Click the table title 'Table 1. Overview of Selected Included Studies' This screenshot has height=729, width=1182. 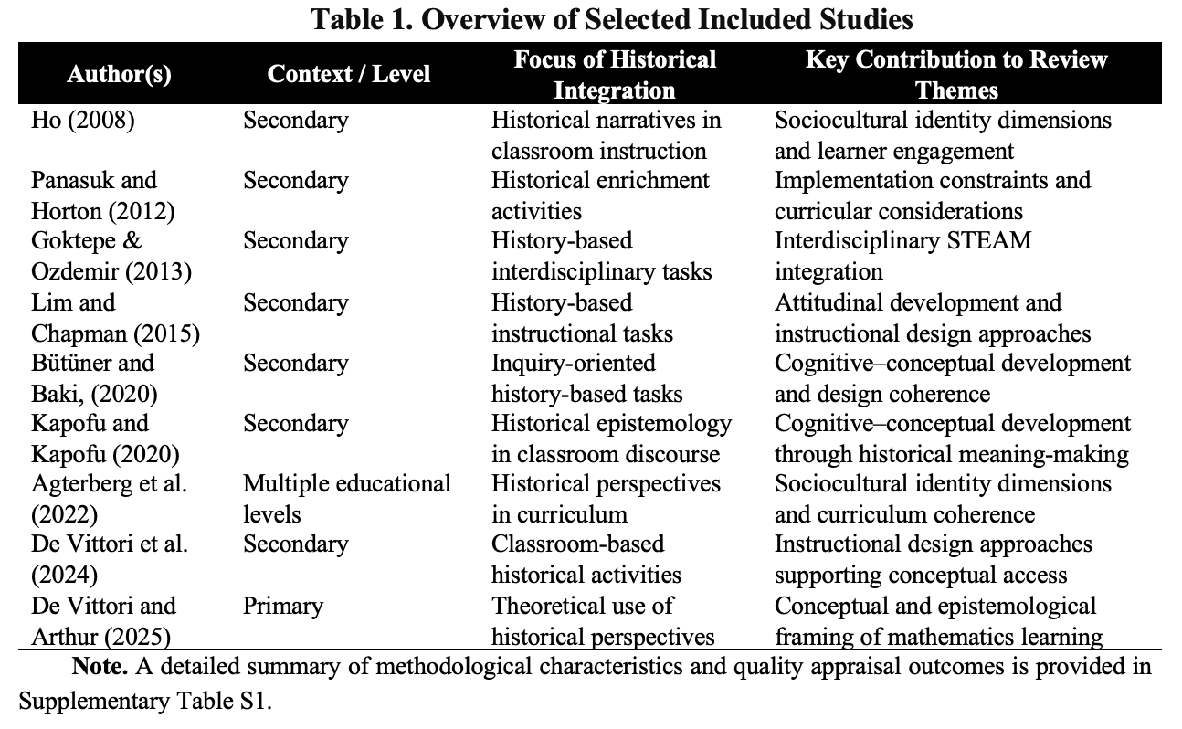pyautogui.click(x=612, y=19)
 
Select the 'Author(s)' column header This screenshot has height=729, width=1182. pyautogui.click(x=119, y=74)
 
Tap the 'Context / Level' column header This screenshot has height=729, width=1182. pyautogui.click(x=349, y=74)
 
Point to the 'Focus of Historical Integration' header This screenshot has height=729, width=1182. pyautogui.click(x=614, y=75)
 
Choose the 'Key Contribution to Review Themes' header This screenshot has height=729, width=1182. pyautogui.click(x=955, y=75)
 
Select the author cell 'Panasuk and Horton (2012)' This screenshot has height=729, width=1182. pyautogui.click(x=101, y=195)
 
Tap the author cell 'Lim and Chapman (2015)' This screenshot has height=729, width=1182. pyautogui.click(x=114, y=317)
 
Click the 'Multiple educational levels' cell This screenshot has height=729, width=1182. pyautogui.click(x=347, y=499)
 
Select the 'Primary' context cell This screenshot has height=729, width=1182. pyautogui.click(x=283, y=606)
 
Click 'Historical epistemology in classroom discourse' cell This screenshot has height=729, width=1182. pyautogui.click(x=611, y=438)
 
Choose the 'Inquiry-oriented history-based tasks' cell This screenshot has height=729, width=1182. pyautogui.click(x=587, y=378)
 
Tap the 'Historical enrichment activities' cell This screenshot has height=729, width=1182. pyautogui.click(x=600, y=195)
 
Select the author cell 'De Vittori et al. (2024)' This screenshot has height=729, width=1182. pyautogui.click(x=110, y=559)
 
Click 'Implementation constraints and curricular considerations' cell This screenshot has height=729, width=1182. pyautogui.click(x=933, y=195)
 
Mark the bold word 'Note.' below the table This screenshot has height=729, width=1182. pyautogui.click(x=100, y=667)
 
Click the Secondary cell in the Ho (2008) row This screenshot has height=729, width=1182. pyautogui.click(x=295, y=121)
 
